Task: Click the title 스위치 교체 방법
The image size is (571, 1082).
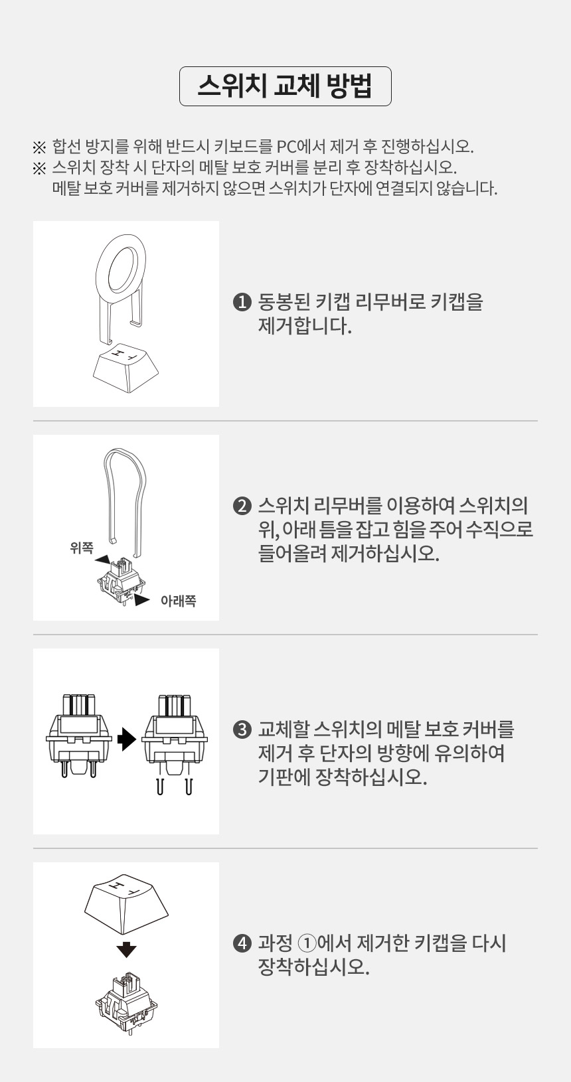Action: (285, 86)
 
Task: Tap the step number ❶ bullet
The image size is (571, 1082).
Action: (242, 303)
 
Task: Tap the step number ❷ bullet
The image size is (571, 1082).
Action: (242, 506)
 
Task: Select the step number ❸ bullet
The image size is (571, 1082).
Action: (242, 730)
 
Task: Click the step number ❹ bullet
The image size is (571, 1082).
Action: (242, 943)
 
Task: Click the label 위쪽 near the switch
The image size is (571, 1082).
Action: (81, 548)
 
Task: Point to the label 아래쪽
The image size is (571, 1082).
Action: (178, 601)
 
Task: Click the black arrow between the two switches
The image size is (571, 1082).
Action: (126, 739)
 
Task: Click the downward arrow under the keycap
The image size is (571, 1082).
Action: (125, 949)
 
